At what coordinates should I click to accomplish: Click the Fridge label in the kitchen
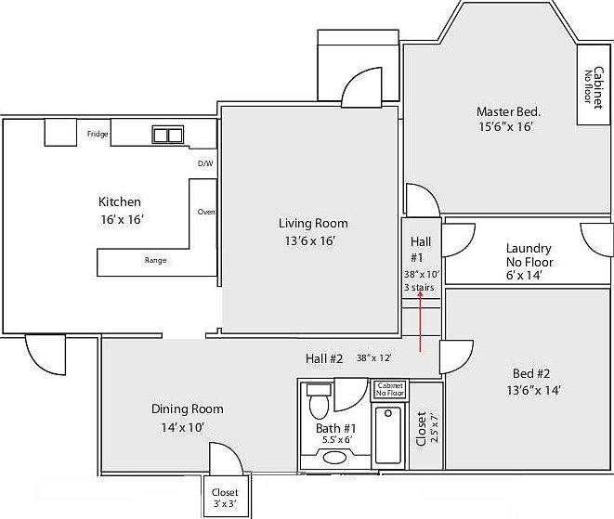tap(98, 135)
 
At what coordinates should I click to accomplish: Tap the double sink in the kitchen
tap(168, 136)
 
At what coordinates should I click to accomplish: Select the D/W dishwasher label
tap(205, 164)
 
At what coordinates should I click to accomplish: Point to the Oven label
tap(206, 212)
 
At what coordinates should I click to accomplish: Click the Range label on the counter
tap(155, 261)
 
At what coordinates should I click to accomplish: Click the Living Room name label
tap(313, 223)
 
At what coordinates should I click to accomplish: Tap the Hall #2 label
tap(324, 358)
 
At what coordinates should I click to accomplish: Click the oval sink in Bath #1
tap(333, 457)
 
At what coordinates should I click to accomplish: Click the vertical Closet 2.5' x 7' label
tap(425, 429)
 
